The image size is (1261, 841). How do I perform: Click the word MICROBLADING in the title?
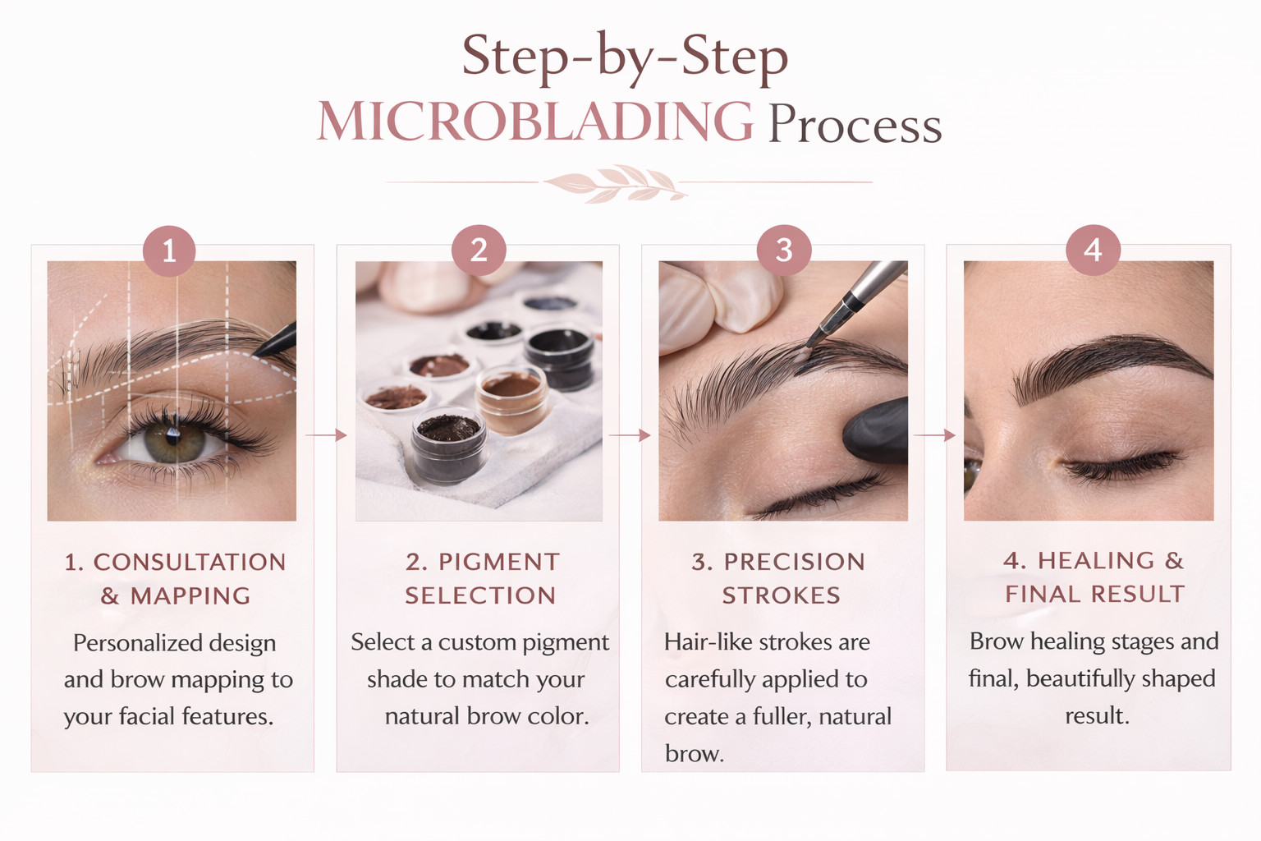tap(535, 121)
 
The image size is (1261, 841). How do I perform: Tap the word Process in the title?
tap(855, 124)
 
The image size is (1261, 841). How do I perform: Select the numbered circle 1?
tap(169, 250)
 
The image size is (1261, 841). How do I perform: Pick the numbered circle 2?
tap(479, 250)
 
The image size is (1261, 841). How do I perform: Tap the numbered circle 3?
tap(784, 250)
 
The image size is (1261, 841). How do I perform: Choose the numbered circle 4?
tap(1093, 250)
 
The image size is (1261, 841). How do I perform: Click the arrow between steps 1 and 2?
tap(326, 434)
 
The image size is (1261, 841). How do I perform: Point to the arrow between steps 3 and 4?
tap(934, 434)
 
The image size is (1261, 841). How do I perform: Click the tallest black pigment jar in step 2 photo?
tap(560, 356)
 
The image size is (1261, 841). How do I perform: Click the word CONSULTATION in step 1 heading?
tap(189, 562)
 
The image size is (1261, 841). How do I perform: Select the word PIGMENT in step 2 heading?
tap(499, 562)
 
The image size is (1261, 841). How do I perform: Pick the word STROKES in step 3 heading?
tap(782, 595)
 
